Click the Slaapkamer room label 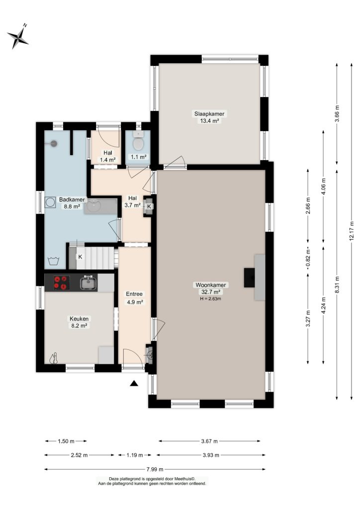tap(209, 114)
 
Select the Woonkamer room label tap(211, 285)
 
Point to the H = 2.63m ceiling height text tap(211, 299)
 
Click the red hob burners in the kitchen tap(62, 282)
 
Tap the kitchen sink tap(89, 282)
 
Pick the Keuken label tap(79, 319)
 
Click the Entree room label tap(134, 294)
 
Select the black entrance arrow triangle tap(134, 384)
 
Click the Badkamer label tap(72, 200)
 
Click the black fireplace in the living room tap(249, 277)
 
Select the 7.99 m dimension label tap(155, 469)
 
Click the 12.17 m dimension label tap(351, 230)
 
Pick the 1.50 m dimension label tap(66, 441)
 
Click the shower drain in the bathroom tap(54, 143)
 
